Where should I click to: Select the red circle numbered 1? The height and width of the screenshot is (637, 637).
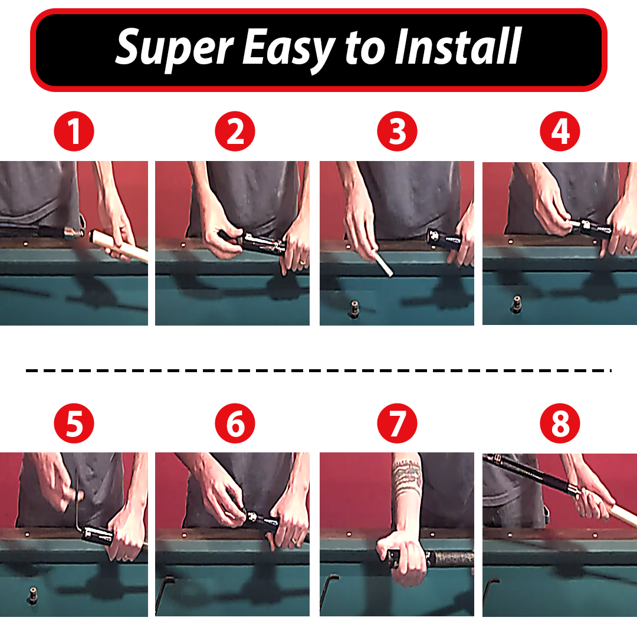74,132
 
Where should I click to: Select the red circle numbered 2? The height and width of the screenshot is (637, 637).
235,132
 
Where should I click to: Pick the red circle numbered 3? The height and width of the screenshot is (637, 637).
397,132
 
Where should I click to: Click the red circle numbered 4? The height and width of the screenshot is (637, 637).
560,132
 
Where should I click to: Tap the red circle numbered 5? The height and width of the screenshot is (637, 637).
74,423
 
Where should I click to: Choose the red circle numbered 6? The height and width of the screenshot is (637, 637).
235,423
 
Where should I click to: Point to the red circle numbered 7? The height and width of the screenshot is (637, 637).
397,423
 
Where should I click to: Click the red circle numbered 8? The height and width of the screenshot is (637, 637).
560,423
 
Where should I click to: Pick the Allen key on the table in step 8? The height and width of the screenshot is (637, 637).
491,593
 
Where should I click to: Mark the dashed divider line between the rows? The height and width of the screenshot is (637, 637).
318,371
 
